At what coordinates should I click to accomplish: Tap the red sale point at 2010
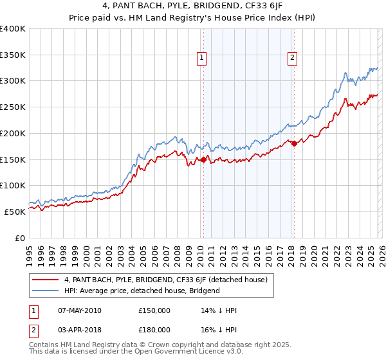coord(204,159)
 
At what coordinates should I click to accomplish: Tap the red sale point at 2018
coord(294,143)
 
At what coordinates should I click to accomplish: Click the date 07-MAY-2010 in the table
coord(79,310)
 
